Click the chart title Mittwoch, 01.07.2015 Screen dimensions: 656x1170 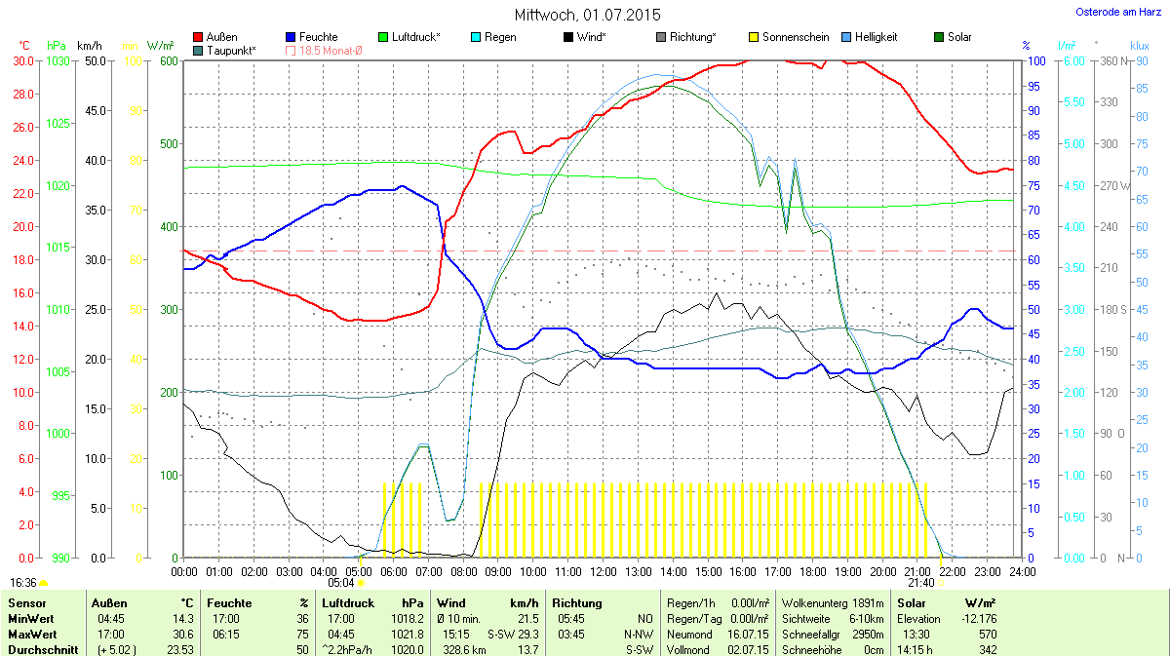(x=587, y=15)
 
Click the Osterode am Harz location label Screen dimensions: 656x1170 (x=1117, y=12)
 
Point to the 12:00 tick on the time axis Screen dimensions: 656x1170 (x=604, y=571)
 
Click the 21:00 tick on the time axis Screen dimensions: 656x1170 (x=917, y=571)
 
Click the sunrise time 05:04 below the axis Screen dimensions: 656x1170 (x=342, y=583)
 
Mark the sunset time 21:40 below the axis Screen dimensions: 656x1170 (x=921, y=583)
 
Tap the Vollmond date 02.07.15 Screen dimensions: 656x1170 (x=747, y=650)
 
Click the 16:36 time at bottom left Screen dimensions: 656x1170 (x=22, y=583)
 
